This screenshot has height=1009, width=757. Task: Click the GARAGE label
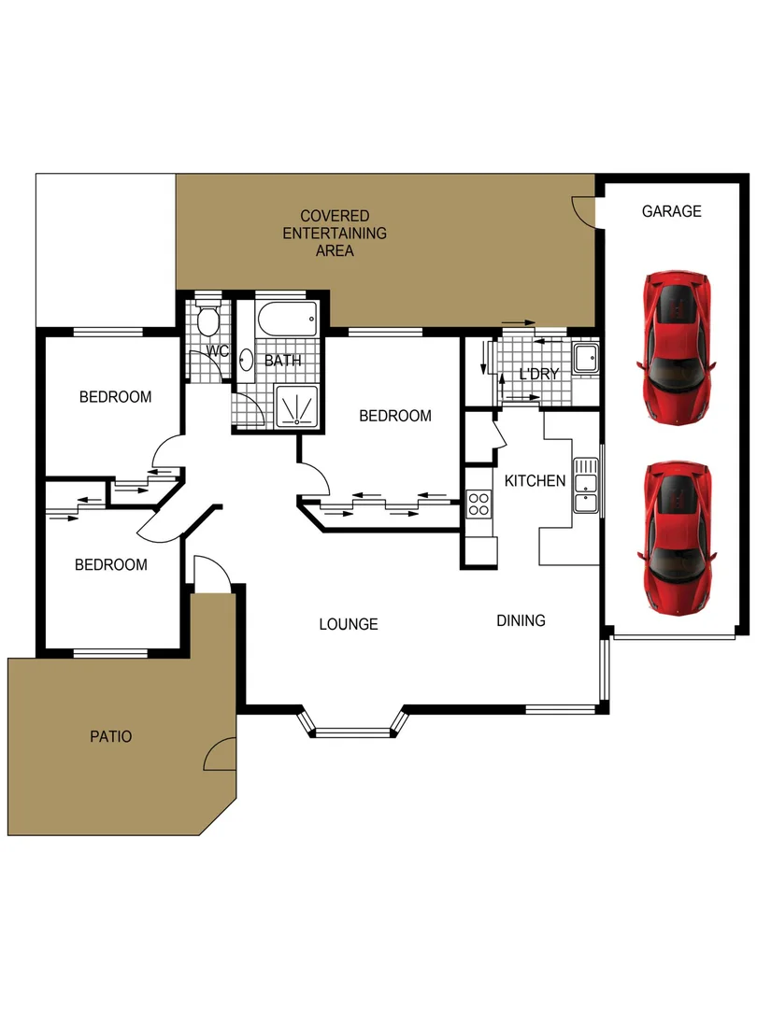coord(671,211)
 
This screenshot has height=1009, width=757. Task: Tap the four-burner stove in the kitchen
coord(478,504)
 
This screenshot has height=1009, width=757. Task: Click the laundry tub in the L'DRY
coord(585,359)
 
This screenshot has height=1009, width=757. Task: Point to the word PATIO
coord(110,737)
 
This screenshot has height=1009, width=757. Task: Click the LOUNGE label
coord(348,624)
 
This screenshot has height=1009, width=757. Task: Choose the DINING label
coord(521,620)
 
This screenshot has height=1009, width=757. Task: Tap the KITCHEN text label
coord(535,481)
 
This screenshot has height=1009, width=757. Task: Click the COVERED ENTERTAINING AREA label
coord(335,233)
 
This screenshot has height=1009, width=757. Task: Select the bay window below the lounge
coord(353,724)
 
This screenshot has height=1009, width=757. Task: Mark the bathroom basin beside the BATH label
coord(246,360)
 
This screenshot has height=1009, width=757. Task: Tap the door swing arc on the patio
coord(221,754)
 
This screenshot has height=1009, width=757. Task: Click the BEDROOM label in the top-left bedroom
coord(115,397)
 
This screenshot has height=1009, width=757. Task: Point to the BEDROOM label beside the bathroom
coord(395,416)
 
